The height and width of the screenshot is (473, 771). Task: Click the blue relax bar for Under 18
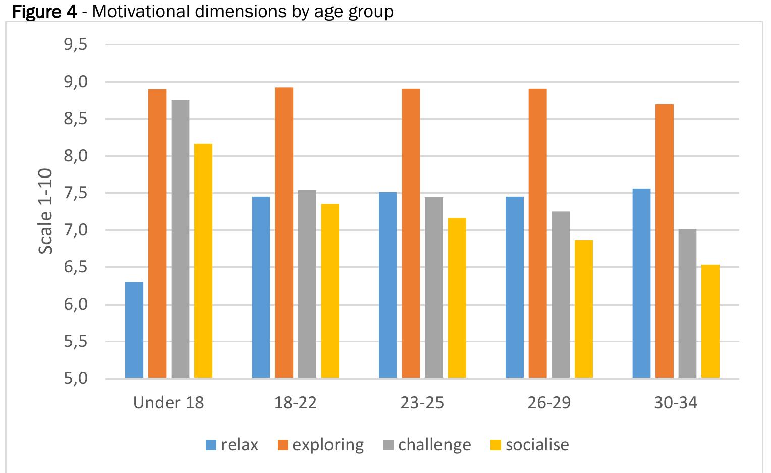134,330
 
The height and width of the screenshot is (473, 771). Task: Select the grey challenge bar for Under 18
180,239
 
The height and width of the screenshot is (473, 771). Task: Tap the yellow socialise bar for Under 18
203,261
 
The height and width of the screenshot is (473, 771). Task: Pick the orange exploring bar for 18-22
284,232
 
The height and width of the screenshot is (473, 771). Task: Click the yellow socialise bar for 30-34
710,321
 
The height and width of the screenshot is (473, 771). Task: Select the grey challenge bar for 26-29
561,294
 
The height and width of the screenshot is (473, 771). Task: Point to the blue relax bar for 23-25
388,285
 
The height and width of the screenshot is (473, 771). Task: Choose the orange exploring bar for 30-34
665,241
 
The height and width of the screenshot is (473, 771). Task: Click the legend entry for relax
232,445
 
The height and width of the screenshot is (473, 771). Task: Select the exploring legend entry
321,445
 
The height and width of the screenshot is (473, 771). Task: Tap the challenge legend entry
427,445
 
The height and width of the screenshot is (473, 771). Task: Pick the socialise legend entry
530,445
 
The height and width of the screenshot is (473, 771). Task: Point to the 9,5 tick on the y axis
76,45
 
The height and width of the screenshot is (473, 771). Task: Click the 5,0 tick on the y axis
76,378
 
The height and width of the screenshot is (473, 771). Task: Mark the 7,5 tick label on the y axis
76,193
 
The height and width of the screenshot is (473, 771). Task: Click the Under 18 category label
169,403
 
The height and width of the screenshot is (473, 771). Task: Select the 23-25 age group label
422,403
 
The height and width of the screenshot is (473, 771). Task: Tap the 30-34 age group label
676,403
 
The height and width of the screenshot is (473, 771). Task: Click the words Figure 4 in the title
44,11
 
